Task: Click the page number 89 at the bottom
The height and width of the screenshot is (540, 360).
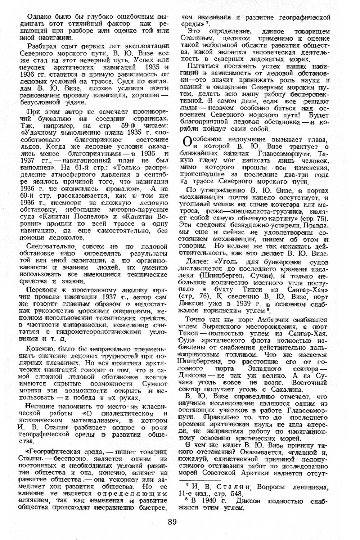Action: click(x=172, y=522)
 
